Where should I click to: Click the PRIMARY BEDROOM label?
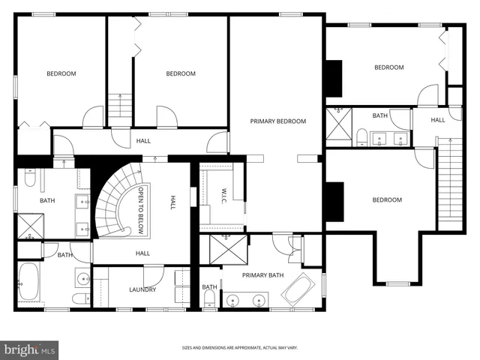(x=278, y=121)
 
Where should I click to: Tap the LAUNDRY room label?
(x=142, y=289)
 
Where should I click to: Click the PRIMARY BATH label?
(x=263, y=275)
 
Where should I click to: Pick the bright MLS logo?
(x=30, y=349)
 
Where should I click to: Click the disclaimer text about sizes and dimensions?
(x=240, y=348)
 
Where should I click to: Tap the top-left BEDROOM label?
(x=61, y=73)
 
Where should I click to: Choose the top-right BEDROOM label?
(x=389, y=67)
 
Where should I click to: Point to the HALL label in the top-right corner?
(x=438, y=119)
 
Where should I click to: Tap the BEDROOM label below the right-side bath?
(x=387, y=199)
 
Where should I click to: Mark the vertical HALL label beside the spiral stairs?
(x=172, y=202)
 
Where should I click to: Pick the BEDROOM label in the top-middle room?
(x=181, y=73)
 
